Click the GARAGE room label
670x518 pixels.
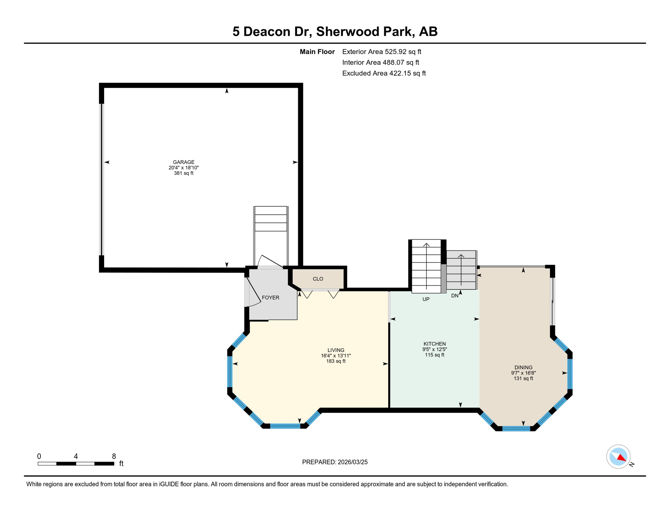click(184, 162)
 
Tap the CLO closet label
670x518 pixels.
click(318, 279)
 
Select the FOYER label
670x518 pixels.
click(270, 297)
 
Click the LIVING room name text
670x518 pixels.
click(336, 350)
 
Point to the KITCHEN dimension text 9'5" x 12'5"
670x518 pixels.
click(434, 349)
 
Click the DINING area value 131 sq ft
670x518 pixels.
click(523, 378)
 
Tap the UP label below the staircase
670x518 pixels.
click(426, 299)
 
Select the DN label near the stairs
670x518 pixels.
click(455, 296)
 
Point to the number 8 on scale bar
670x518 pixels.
click(114, 456)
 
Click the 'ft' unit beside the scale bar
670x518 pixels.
click(121, 464)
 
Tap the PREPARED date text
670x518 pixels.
click(335, 462)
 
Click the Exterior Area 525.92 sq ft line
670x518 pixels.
click(382, 52)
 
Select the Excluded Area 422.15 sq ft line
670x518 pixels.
click(384, 73)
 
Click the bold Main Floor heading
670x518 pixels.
click(317, 52)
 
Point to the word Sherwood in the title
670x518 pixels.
click(345, 31)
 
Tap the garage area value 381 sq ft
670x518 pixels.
click(184, 173)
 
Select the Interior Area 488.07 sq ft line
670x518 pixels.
click(380, 62)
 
